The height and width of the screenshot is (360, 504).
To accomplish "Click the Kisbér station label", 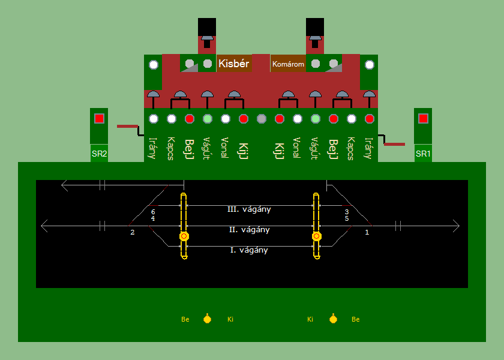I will [x=234, y=63].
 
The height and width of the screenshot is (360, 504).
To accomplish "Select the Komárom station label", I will [x=288, y=64].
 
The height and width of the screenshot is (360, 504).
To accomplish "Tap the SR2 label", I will [x=99, y=154].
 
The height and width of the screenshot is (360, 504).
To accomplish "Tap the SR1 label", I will [x=423, y=154].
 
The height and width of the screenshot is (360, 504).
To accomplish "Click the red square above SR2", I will [x=99, y=118].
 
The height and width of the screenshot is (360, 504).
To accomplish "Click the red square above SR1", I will [x=423, y=118].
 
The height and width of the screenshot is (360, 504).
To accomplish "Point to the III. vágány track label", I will [x=249, y=209].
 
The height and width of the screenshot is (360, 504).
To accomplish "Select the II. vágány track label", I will [x=249, y=230].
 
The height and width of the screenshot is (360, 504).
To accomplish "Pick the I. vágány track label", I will [x=249, y=250].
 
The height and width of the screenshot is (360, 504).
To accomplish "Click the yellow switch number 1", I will [x=367, y=232].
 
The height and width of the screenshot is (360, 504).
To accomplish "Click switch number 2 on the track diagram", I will [x=133, y=232].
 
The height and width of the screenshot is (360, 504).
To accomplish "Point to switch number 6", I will [x=153, y=212].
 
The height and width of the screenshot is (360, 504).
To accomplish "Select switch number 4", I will [x=153, y=219].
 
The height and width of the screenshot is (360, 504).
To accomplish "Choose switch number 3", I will [x=346, y=212].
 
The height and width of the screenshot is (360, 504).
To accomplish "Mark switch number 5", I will [x=346, y=219].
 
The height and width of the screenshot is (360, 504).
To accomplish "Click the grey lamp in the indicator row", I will [x=261, y=119].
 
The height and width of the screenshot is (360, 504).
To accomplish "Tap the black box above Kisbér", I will [x=206, y=27].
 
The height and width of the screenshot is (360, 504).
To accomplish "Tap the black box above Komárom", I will [x=314, y=27].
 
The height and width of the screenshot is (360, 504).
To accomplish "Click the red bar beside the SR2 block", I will [x=127, y=126].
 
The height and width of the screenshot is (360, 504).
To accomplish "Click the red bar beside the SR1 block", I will [x=394, y=144].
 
